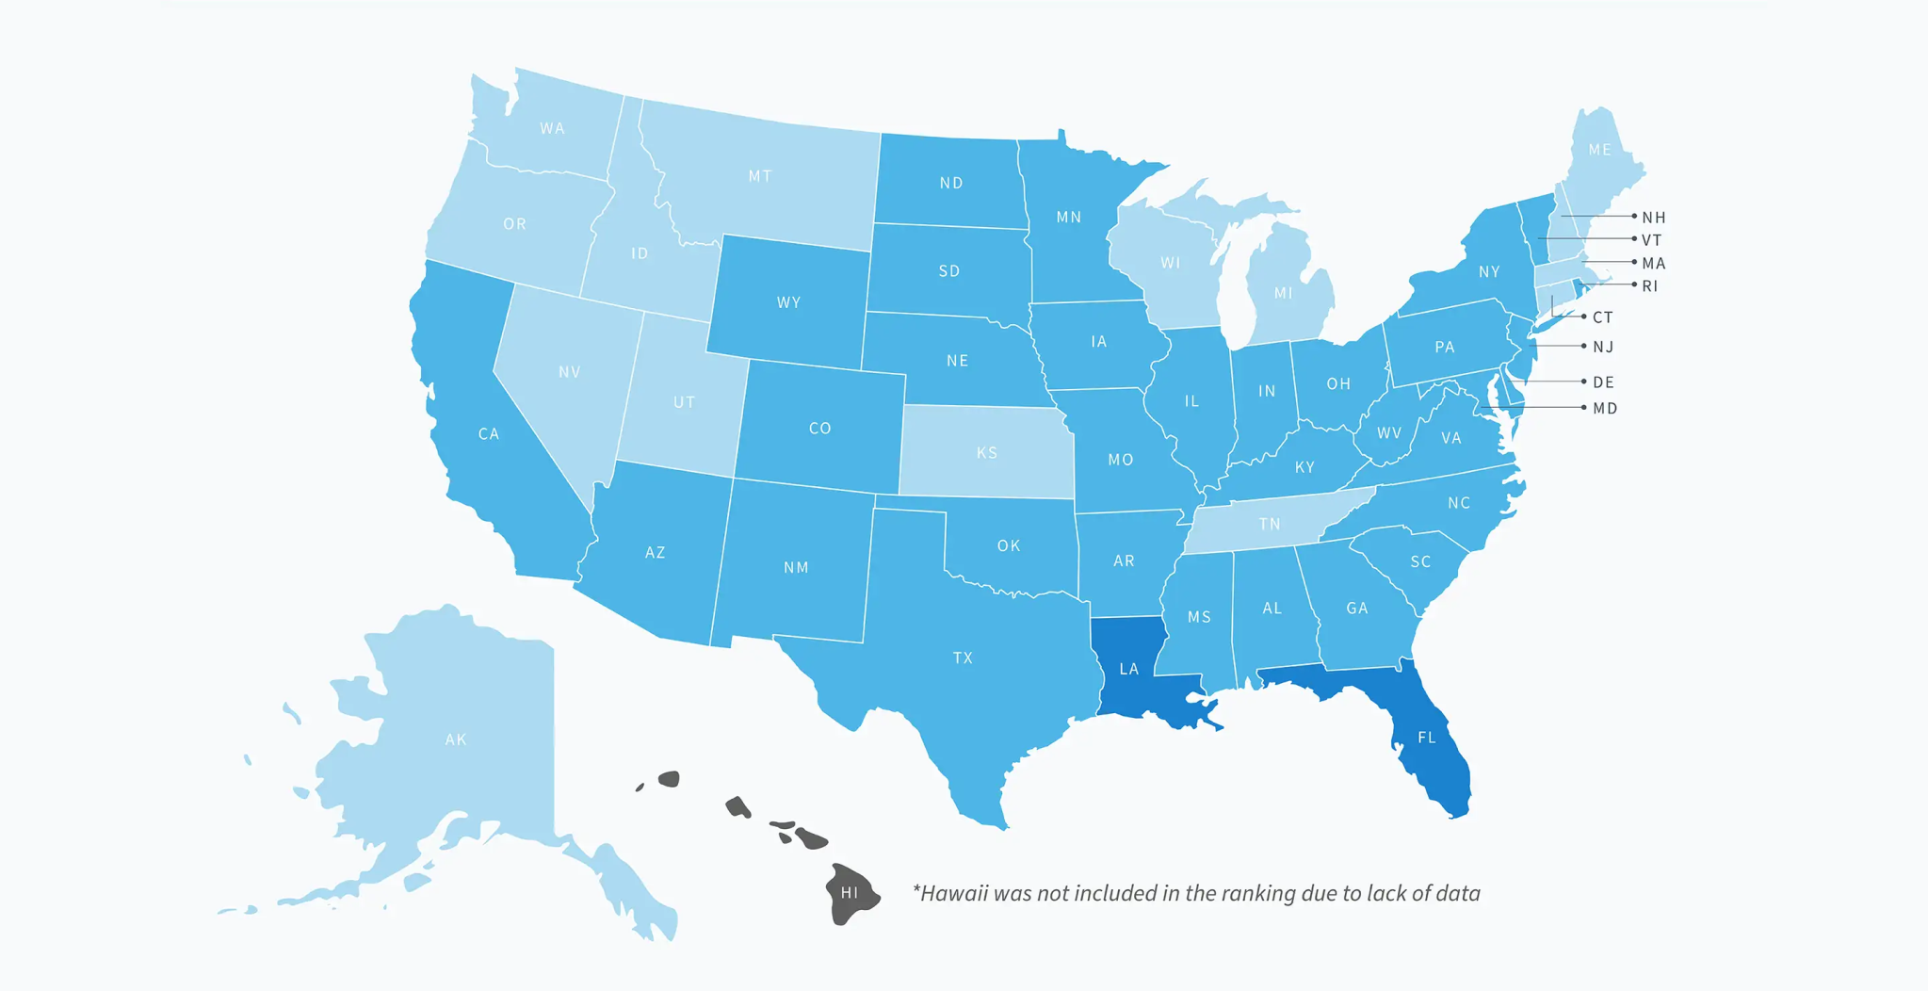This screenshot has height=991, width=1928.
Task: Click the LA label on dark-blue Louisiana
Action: pos(1128,669)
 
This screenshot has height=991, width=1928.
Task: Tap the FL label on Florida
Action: pos(1427,738)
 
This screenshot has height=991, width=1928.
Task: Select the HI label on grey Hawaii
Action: pos(850,892)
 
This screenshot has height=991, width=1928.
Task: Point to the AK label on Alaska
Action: pos(456,739)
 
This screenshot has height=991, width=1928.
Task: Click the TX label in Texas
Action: pos(963,658)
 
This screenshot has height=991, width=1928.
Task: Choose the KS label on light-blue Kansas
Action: pos(986,453)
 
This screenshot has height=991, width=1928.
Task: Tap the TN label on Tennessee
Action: pos(1270,524)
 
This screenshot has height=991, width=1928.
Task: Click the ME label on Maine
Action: pos(1599,150)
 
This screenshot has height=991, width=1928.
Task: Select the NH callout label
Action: pos(1654,218)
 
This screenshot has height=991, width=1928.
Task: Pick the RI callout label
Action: pos(1650,285)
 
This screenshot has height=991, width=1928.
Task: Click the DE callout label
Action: pos(1603,382)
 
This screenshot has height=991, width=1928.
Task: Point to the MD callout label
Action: pos(1605,408)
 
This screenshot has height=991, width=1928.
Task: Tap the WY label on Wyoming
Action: pos(788,302)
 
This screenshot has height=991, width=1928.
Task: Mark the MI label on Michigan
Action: pos(1283,293)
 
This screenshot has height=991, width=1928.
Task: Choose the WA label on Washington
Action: pos(552,128)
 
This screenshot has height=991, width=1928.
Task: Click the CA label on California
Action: pos(488,434)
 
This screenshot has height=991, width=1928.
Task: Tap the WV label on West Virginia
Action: pos(1388,433)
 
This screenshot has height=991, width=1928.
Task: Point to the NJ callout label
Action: pos(1603,347)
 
